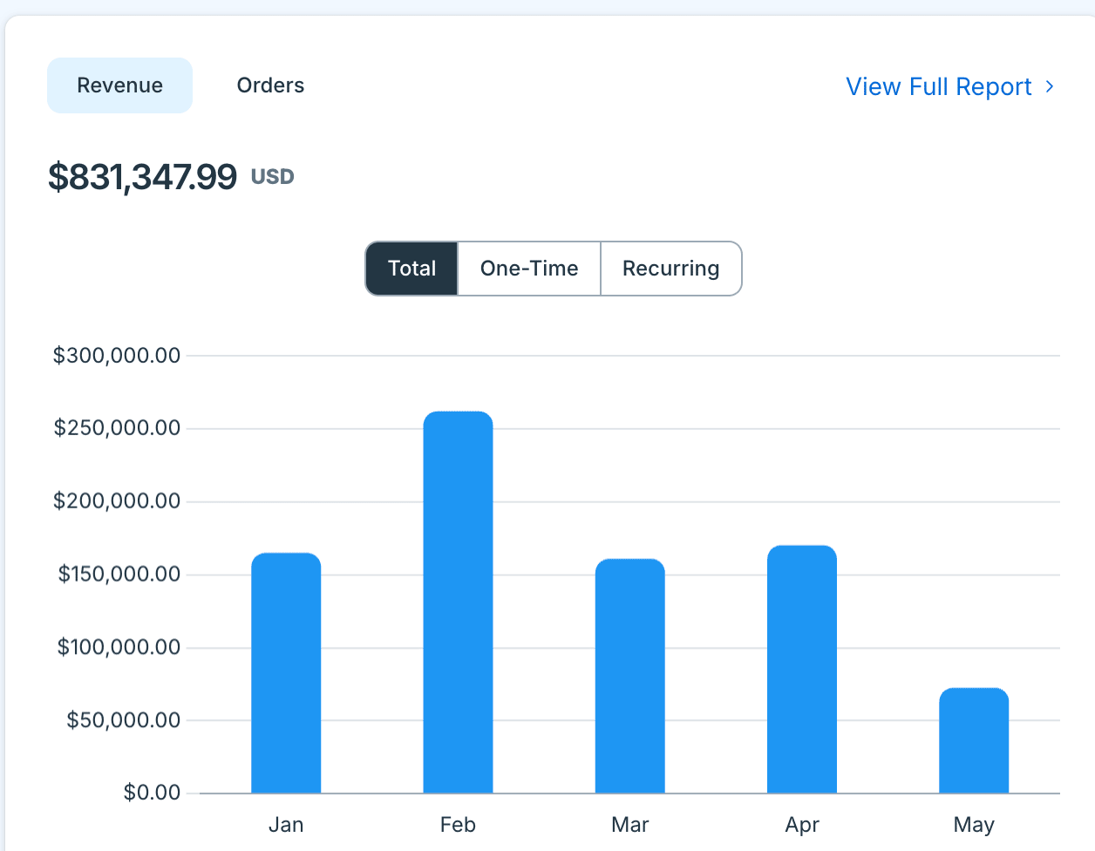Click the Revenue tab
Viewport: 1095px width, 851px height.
[120, 85]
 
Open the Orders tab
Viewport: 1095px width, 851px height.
[270, 85]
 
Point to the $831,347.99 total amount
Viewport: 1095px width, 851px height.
[143, 177]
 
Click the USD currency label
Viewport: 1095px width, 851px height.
[273, 177]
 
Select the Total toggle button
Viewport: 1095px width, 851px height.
[411, 269]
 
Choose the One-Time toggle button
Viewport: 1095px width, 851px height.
[529, 269]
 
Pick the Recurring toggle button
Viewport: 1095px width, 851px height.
[671, 269]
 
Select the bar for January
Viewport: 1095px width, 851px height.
[286, 673]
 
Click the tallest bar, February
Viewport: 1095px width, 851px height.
[458, 603]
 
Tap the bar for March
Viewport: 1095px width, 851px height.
[630, 676]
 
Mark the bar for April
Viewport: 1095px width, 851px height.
[802, 669]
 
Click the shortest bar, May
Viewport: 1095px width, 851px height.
[974, 740]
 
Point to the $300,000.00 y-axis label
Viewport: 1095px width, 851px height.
[117, 356]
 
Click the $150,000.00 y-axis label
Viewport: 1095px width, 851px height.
[119, 575]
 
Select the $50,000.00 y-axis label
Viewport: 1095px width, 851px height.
[124, 720]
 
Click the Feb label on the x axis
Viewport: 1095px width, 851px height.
[458, 825]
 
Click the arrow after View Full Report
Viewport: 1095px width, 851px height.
[1050, 86]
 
